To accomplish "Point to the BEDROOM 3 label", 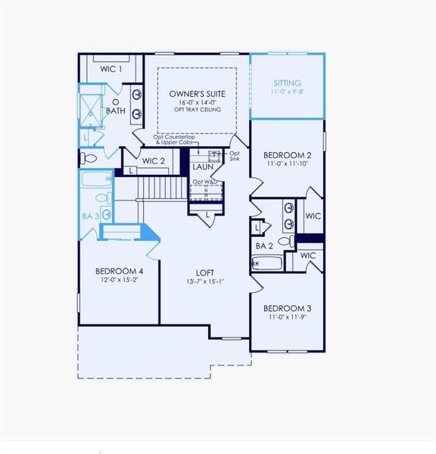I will [287, 308].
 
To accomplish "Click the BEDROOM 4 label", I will [119, 271].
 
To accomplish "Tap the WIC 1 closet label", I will [111, 69].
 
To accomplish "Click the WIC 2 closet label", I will [154, 160].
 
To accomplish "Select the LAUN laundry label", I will [202, 166].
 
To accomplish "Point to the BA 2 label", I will [264, 246].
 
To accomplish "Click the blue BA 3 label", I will [91, 216].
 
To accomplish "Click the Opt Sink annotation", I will [234, 156].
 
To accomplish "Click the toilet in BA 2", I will [285, 241].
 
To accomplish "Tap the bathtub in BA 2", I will [267, 263].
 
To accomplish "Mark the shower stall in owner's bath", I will [92, 112].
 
